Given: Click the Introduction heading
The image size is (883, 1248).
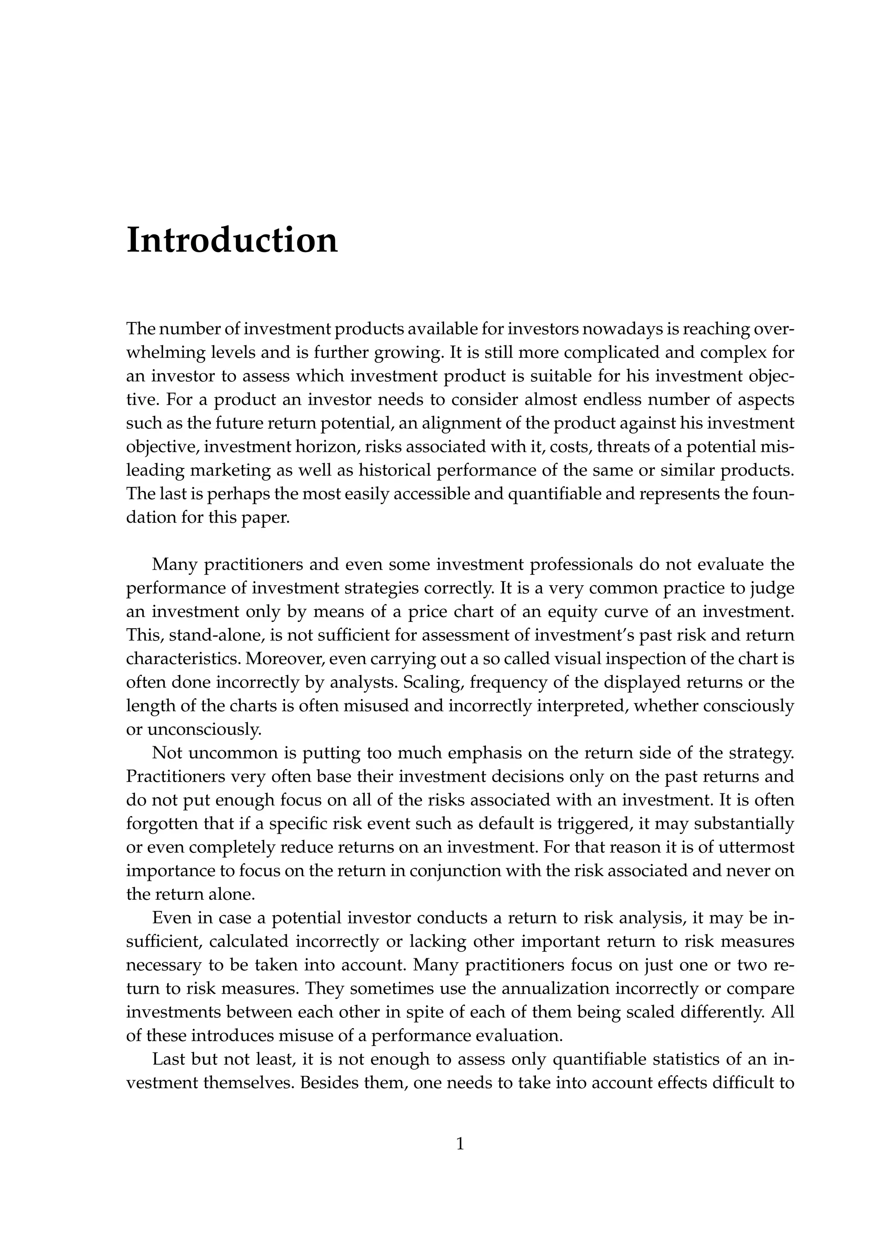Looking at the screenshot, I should [232, 240].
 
